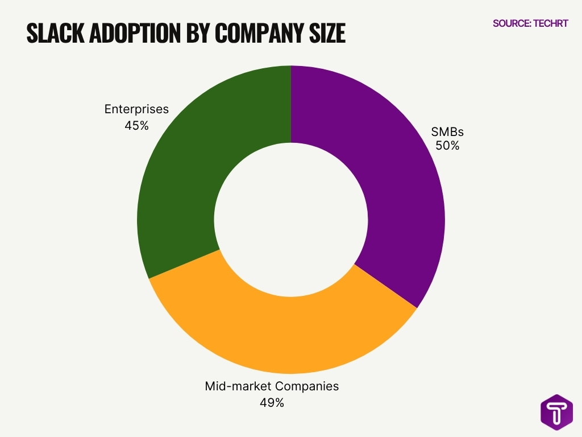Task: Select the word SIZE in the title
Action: point(326,34)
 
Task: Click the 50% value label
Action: point(447,145)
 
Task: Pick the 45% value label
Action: point(136,125)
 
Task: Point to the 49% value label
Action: point(272,402)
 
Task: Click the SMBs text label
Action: point(447,131)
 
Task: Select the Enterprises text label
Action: point(136,109)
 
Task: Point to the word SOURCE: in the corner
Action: point(512,23)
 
